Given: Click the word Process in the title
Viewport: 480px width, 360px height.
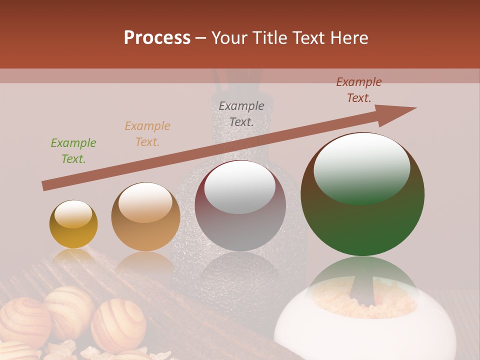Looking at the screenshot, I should (x=157, y=38).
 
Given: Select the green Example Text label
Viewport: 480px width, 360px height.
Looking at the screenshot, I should (x=73, y=151).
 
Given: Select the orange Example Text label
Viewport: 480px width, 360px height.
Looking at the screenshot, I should (x=147, y=134).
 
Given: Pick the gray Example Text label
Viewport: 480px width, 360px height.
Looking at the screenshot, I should (x=241, y=113).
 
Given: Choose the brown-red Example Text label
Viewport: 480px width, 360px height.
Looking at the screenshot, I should (x=359, y=90).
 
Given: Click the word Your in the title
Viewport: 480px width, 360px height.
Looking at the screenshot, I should (x=231, y=38).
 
